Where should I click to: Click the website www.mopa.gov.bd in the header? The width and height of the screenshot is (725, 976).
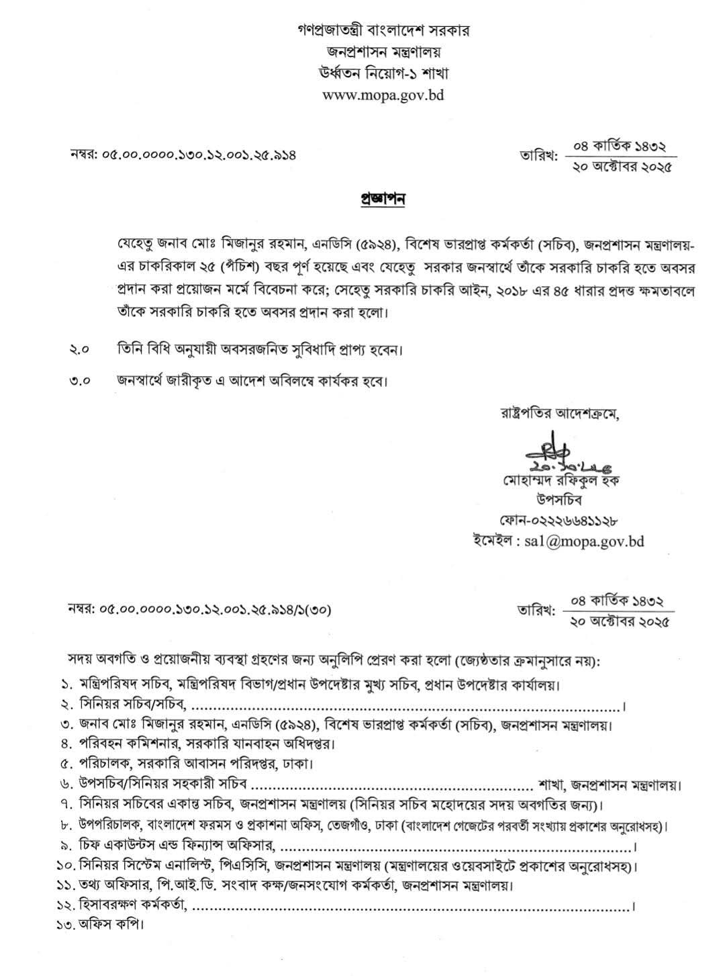(383, 95)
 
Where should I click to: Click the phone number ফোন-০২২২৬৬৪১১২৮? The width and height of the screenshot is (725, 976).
(558, 520)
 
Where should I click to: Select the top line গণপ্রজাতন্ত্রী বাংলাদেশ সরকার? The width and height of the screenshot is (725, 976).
(383, 31)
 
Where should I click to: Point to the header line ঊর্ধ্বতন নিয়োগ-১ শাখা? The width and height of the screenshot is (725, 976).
(383, 73)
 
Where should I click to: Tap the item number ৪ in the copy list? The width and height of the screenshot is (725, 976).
(66, 744)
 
